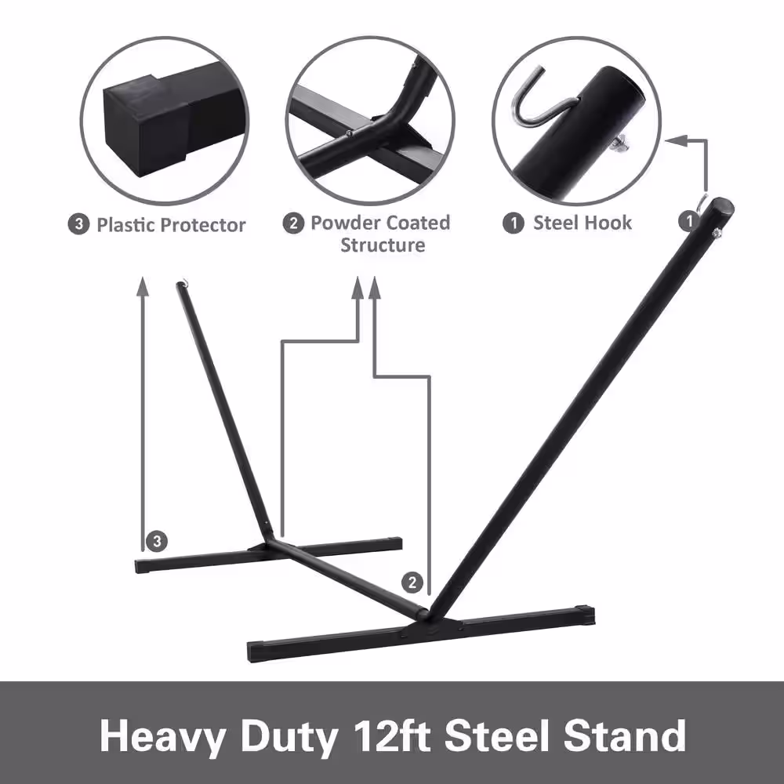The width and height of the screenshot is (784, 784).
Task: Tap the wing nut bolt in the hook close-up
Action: tap(619, 144)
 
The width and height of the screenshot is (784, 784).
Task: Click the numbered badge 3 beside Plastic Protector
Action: tap(78, 224)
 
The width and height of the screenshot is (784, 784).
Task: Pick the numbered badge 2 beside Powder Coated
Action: tap(293, 223)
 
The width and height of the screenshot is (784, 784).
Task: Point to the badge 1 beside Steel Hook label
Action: tap(514, 223)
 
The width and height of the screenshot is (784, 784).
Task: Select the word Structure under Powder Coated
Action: tap(383, 245)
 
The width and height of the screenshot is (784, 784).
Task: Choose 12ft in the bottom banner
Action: tap(392, 735)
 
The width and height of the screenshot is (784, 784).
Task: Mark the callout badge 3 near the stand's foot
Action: tap(157, 541)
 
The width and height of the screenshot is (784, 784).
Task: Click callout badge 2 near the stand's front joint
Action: tap(412, 583)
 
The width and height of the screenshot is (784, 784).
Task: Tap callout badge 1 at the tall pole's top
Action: tap(688, 220)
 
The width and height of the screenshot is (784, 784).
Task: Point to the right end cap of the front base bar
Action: tap(585, 616)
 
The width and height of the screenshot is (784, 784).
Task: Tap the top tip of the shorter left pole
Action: tap(180, 284)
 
